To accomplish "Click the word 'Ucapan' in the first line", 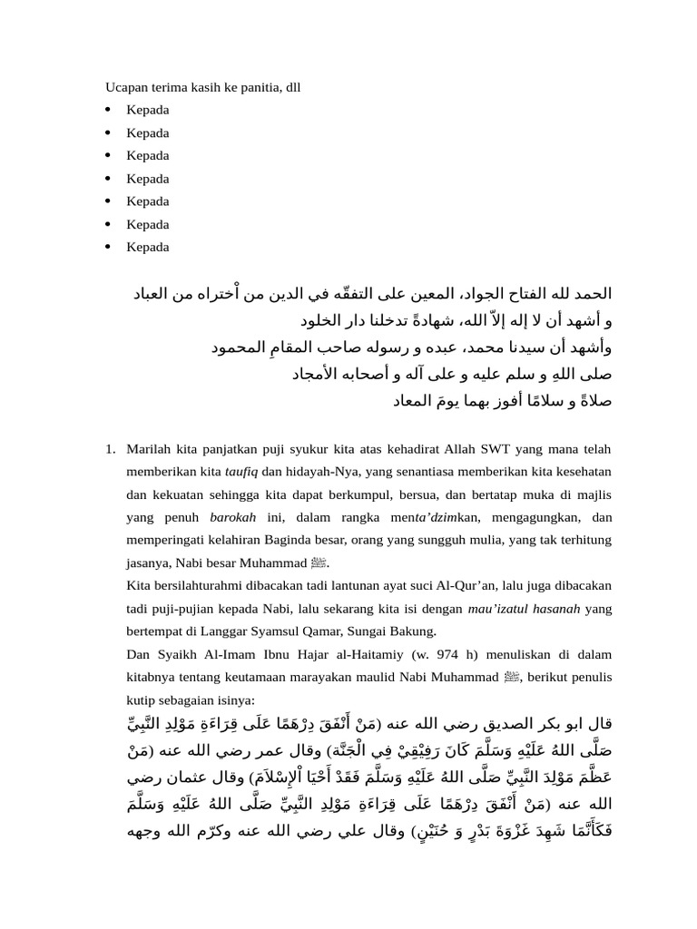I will (x=124, y=87).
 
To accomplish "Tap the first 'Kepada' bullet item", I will (x=148, y=110).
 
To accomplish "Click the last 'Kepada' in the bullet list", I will (x=148, y=247).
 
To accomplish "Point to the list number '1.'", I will (x=110, y=449).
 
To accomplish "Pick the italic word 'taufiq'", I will (x=242, y=472).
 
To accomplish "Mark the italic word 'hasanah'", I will (x=551, y=609).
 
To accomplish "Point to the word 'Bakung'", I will (x=415, y=631).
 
